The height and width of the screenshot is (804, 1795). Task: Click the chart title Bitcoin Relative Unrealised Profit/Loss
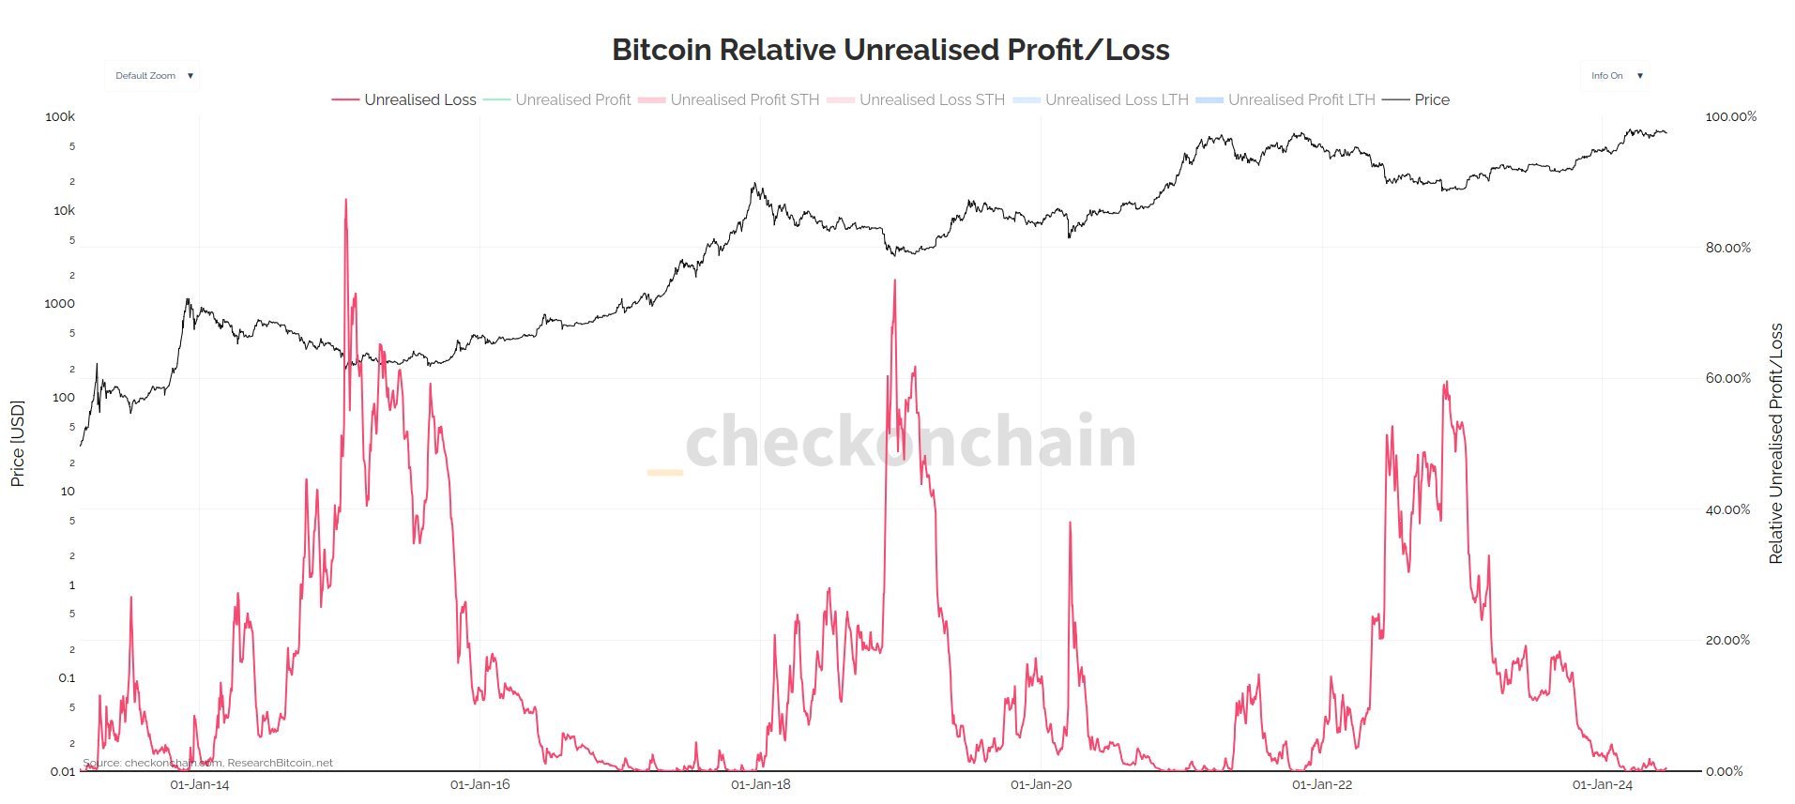coord(890,50)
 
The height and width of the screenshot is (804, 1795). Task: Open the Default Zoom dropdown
coord(152,76)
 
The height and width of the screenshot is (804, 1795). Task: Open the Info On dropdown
coord(1616,76)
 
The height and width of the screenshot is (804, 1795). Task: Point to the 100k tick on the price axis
coord(60,117)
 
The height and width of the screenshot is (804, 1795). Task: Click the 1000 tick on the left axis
coord(59,304)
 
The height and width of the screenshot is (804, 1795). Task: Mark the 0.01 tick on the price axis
coord(62,772)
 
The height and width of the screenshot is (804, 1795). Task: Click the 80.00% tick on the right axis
coord(1727,248)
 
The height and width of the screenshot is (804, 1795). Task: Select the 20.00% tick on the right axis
coord(1727,641)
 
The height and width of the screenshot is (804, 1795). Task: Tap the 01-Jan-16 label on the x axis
coord(479,785)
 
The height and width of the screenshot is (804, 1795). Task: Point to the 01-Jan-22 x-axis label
coord(1321,785)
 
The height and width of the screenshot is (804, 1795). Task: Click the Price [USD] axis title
coord(17,444)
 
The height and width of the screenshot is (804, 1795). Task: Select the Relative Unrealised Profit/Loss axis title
coord(1775,444)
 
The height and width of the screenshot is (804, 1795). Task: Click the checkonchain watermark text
coord(910,441)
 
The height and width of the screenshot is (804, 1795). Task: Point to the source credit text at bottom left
coord(207,764)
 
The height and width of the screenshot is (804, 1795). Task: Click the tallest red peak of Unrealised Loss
coord(345,201)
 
